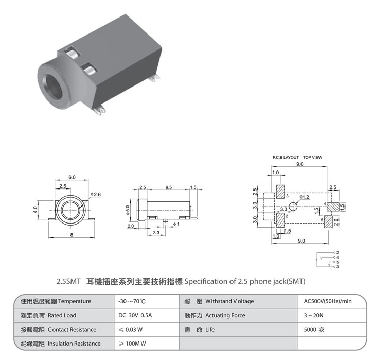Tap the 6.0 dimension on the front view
(72, 177)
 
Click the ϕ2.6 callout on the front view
(96, 194)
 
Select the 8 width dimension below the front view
(72, 234)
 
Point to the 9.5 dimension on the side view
(169, 187)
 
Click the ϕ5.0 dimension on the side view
(128, 210)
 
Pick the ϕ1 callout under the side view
(176, 224)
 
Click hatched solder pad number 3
(280, 192)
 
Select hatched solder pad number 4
(333, 207)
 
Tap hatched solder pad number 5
(328, 221)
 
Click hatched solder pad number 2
(280, 220)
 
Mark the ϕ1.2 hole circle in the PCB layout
(293, 207)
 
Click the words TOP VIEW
(312, 158)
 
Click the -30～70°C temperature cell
(132, 301)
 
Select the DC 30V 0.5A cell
(135, 315)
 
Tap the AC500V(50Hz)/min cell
(328, 301)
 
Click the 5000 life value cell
(314, 330)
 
